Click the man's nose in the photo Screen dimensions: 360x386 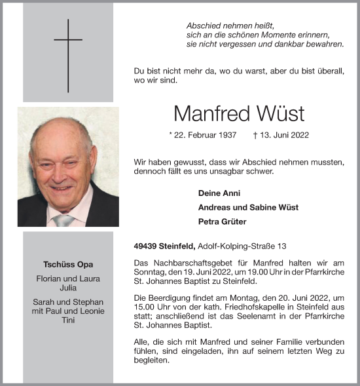[x=62, y=174]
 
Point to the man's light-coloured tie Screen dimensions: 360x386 [x=64, y=220]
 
